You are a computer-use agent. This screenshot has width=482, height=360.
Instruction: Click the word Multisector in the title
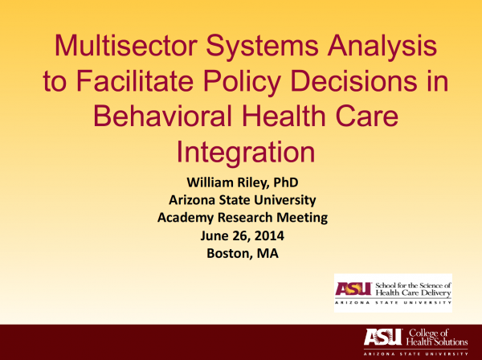[x=126, y=45]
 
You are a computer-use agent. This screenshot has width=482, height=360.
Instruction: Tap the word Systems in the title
[x=262, y=47]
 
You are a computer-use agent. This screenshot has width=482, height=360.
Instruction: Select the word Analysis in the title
[x=382, y=47]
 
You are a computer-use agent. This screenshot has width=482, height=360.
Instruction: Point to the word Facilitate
[x=135, y=80]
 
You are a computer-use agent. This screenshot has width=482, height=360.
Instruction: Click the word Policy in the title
[x=242, y=82]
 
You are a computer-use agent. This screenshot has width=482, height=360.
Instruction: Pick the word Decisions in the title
[x=353, y=80]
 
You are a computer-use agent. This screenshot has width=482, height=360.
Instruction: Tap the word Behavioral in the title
[x=163, y=116]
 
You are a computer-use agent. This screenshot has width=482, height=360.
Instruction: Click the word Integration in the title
[x=246, y=153]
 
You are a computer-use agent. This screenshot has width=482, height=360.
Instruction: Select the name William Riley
[x=227, y=182]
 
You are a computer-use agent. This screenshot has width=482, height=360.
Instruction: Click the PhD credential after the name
[x=286, y=182]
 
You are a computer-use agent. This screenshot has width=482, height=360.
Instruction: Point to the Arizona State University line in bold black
[x=243, y=200]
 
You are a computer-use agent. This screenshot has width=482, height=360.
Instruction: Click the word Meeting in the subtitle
[x=302, y=218]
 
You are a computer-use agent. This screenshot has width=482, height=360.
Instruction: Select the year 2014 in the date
[x=269, y=235]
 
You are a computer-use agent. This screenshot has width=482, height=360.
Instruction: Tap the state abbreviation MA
[x=268, y=254]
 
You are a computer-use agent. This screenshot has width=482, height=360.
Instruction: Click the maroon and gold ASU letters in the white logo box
[x=353, y=288]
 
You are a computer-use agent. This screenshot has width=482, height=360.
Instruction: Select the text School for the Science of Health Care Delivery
[x=413, y=289]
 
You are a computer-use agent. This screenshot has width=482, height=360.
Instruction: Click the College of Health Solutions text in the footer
[x=436, y=337]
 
